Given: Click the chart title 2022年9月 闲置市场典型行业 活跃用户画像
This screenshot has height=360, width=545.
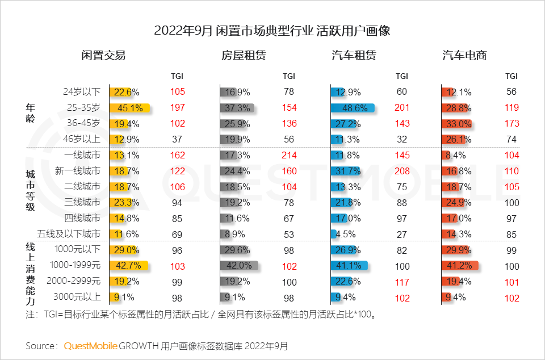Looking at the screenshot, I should tap(272, 31).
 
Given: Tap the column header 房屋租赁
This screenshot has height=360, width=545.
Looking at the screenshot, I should tap(244, 56).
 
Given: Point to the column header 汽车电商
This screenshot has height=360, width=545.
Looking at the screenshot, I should tap(464, 56).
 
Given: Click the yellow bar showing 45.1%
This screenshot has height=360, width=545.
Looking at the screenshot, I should tap(129, 108).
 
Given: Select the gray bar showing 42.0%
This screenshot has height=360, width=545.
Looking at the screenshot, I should tap(239, 265).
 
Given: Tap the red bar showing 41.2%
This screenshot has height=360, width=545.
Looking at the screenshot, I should tap(460, 265).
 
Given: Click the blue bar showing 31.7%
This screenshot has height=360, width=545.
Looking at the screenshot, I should tap(345, 171).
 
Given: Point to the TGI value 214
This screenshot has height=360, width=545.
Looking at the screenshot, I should tap(289, 155).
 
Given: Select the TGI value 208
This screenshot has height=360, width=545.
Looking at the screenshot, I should tap(402, 171).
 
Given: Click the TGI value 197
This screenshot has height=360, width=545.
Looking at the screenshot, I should tap(178, 108).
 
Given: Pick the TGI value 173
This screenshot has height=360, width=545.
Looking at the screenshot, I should tap(512, 123).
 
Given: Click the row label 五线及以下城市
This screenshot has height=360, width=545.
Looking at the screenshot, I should tap(69, 234).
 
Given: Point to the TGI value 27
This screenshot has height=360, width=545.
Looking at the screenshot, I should tap(402, 234).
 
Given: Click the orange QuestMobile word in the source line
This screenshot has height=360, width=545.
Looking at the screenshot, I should tap(91, 345).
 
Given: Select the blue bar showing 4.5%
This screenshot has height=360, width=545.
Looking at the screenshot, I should tap(333, 234).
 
